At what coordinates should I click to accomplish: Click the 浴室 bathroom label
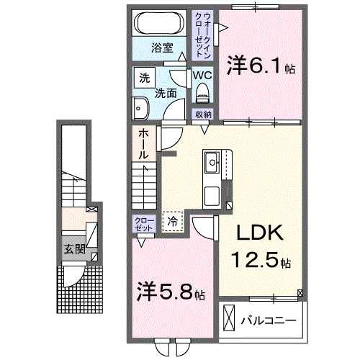(162, 48)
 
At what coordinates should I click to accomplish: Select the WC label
(202, 74)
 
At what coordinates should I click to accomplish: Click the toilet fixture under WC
(202, 91)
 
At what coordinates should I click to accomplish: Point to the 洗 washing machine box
(144, 77)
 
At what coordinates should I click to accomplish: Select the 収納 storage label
(203, 114)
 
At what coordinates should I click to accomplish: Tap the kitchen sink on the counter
(214, 162)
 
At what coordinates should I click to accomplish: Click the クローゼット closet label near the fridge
(143, 222)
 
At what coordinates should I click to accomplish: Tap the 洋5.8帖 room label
(172, 294)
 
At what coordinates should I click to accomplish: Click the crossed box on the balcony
(229, 318)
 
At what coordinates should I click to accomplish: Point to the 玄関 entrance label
(70, 250)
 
